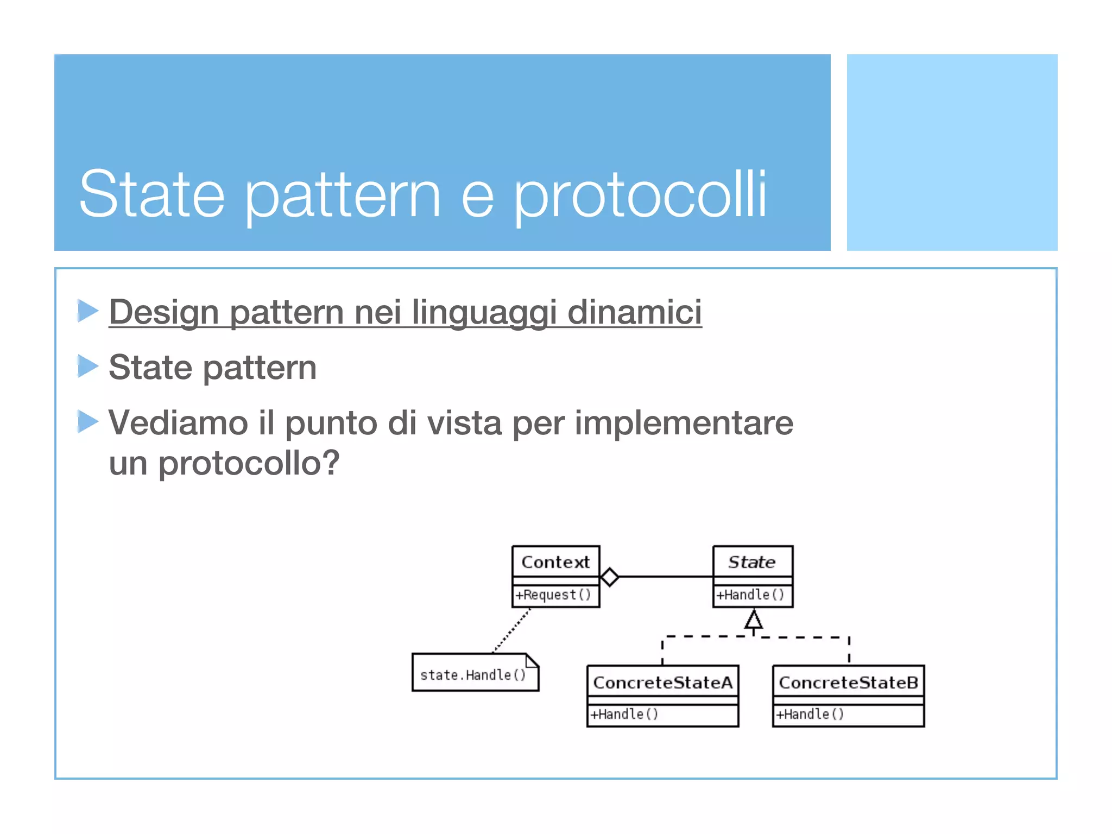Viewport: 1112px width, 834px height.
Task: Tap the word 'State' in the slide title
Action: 151,194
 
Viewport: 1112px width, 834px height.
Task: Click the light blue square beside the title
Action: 952,153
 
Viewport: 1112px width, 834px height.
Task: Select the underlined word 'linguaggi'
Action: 483,313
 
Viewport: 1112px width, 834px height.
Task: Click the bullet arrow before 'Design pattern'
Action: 87,311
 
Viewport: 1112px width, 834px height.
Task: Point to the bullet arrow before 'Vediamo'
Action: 87,421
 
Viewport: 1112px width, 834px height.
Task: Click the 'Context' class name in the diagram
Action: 555,562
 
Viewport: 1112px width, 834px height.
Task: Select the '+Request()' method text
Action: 553,595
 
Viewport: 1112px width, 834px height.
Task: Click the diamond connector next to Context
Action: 610,577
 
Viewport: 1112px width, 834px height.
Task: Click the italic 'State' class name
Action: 752,562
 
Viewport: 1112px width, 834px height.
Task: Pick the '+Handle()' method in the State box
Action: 750,595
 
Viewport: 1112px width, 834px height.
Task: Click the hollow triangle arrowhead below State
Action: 753,620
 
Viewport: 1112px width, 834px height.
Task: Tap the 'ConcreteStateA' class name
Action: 662,683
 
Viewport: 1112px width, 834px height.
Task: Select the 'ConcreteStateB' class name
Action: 848,683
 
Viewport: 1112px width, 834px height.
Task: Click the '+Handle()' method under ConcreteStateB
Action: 810,715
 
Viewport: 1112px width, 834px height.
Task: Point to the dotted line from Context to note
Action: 511,630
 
